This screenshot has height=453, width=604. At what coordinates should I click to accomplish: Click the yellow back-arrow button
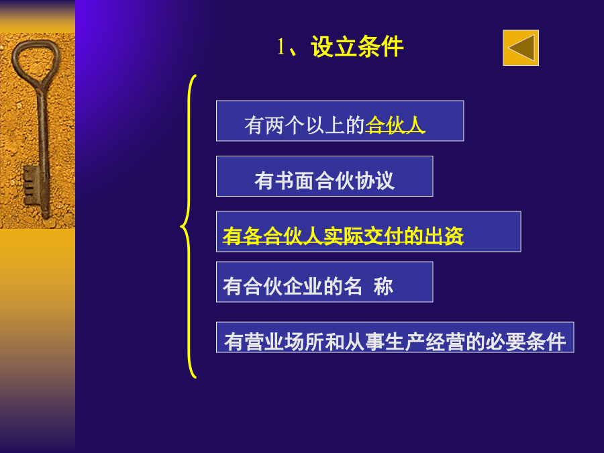[x=521, y=48]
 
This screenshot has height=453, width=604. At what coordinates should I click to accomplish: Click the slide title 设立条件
[x=357, y=47]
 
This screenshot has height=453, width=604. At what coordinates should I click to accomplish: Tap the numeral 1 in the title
[x=281, y=48]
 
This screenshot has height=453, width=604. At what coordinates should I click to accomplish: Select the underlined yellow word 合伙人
[x=395, y=125]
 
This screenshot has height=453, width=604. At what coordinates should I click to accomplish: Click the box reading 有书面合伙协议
[x=325, y=176]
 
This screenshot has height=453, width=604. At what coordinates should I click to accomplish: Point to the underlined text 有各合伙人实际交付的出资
[x=343, y=236]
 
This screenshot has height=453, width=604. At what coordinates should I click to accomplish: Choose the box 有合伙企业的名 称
[x=325, y=282]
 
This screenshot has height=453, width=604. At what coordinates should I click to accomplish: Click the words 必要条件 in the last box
[x=525, y=342]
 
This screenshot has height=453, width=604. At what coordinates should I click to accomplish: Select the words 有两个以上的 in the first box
[x=304, y=125]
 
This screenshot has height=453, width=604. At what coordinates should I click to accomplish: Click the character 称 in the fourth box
[x=383, y=287]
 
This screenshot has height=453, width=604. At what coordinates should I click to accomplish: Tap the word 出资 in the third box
[x=444, y=236]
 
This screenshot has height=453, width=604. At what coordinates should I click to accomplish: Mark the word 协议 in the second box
[x=374, y=181]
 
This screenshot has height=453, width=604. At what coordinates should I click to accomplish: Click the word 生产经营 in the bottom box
[x=425, y=342]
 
